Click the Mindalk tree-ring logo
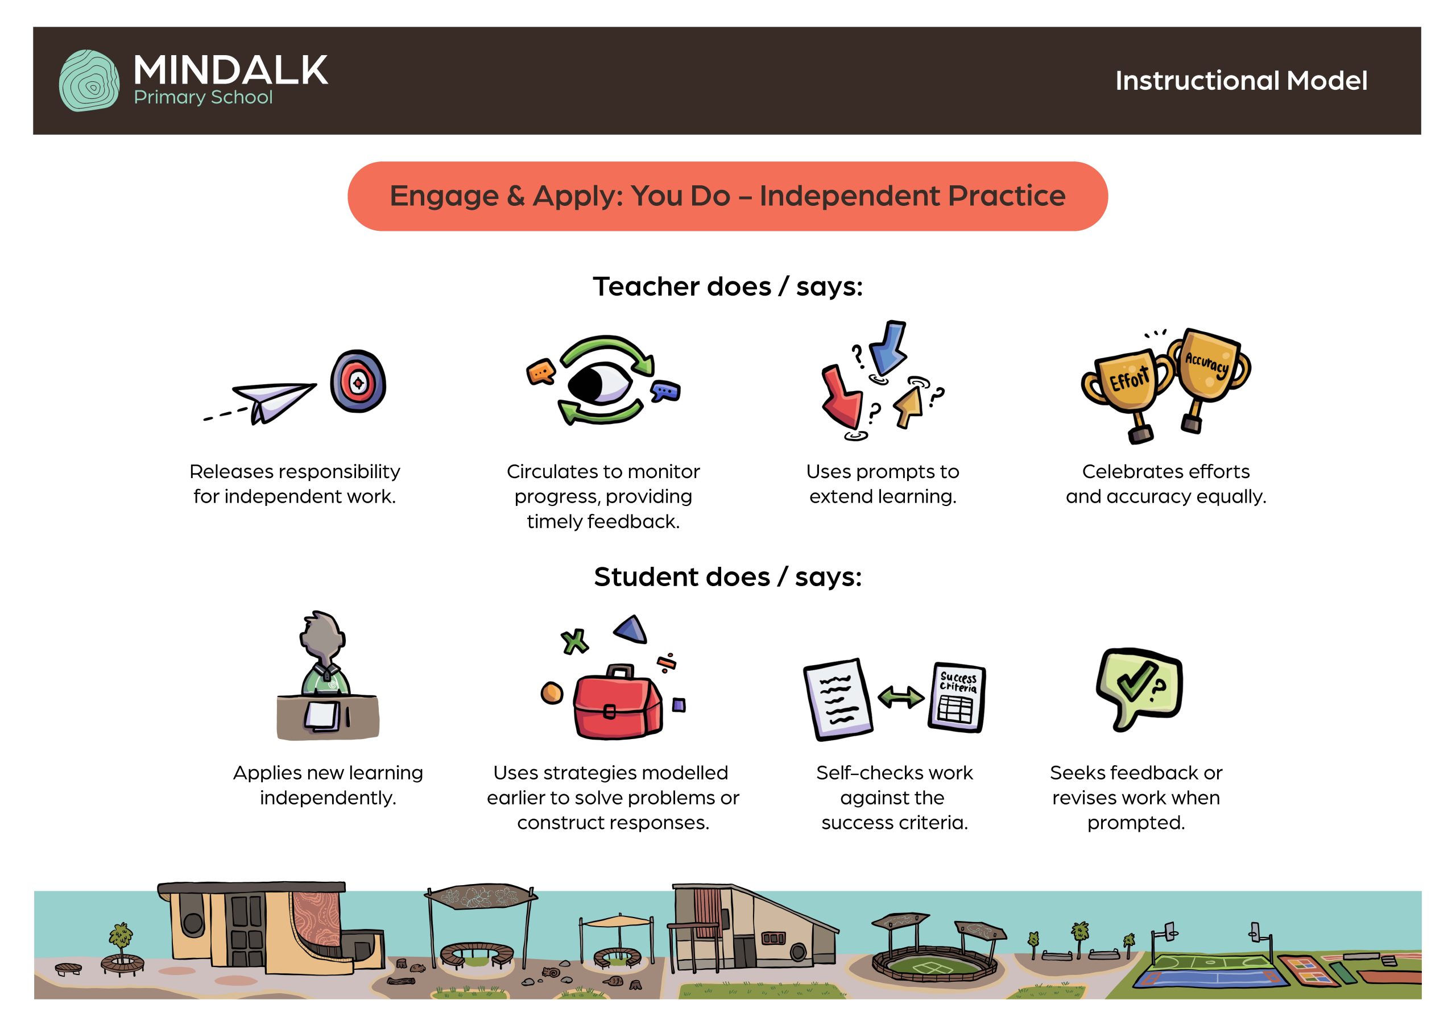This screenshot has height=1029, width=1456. point(89,81)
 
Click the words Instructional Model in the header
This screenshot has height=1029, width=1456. point(1241,81)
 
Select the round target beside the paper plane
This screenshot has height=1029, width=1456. point(358,381)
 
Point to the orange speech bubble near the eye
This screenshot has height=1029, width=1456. point(541,372)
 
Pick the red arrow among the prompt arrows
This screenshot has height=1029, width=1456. point(842,397)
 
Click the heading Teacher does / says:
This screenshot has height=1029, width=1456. point(728,287)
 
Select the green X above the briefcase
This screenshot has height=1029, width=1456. point(574,642)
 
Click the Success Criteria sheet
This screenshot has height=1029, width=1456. point(956,697)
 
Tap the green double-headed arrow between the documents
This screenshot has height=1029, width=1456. point(900,698)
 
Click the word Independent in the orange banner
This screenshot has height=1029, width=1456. point(847,196)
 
